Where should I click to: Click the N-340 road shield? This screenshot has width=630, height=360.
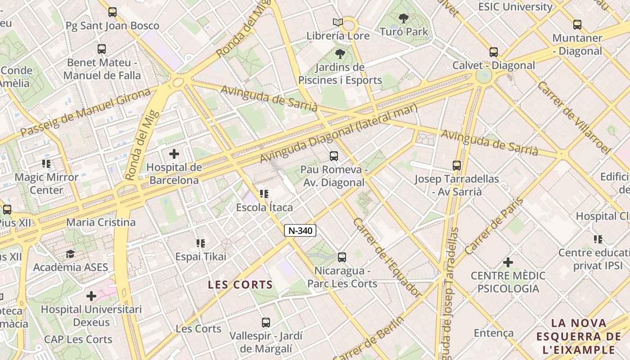coord(300,230)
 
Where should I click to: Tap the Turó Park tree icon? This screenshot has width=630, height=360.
coord(404,18)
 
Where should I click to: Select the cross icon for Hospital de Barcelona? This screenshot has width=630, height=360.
coord(174,154)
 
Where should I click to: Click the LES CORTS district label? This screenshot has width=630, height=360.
coord(240,284)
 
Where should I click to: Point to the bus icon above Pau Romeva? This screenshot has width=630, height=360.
coord(333,156)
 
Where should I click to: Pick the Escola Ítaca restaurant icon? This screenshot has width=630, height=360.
coord(264,194)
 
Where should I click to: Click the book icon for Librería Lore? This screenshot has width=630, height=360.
coord(337,22)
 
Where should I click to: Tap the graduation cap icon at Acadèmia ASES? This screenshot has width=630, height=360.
coord(70,254)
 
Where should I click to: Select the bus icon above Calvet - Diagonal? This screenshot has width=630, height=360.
coord(494,52)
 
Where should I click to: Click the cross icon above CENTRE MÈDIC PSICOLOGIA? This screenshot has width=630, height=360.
coord(508,262)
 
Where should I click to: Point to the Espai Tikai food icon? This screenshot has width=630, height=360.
coord(201,243)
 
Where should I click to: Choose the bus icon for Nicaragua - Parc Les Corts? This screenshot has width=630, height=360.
coord(342,257)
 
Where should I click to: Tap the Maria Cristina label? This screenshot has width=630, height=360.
coord(101,222)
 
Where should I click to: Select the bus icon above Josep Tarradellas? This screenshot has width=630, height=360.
coord(457,166)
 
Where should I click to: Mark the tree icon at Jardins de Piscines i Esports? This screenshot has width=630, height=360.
coord(340,54)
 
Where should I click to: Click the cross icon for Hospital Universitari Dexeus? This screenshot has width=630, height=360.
coord(91,296)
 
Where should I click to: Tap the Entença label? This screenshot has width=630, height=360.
coord(493,333)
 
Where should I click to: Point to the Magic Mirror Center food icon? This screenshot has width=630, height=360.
coord(46,164)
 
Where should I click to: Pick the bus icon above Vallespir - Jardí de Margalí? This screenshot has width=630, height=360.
coord(266,323)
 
